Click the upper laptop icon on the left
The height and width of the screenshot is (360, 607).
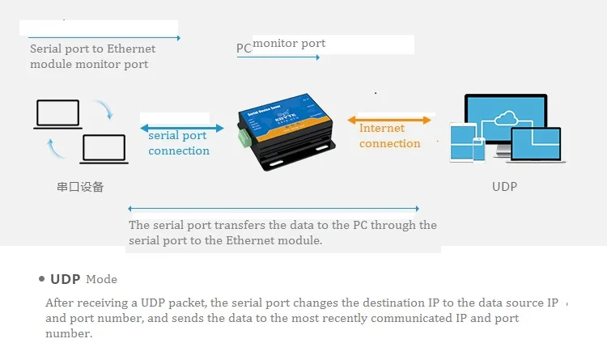(x=57, y=113)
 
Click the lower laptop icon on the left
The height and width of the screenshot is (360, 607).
(x=103, y=149)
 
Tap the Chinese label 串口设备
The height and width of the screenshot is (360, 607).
(x=80, y=187)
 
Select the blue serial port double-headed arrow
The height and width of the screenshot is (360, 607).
(x=182, y=126)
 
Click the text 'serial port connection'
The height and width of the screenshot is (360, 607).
(x=179, y=143)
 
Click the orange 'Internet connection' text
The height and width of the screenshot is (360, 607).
(x=389, y=136)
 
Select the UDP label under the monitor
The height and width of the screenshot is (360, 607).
(x=504, y=187)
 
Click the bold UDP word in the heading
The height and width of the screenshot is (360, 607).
(x=66, y=279)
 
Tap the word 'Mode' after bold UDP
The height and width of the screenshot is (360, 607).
(x=101, y=280)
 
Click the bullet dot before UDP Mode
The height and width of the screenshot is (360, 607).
(x=41, y=279)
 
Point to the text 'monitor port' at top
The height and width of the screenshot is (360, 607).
(x=289, y=43)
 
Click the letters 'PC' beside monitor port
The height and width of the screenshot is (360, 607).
(x=244, y=49)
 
